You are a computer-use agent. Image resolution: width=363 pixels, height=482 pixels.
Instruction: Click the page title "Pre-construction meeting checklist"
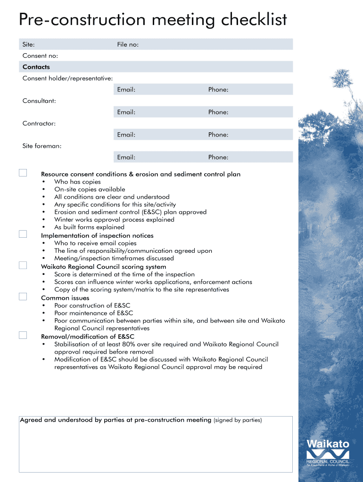(x=153, y=20)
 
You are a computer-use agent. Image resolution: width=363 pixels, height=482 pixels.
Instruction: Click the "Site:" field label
(x=28, y=44)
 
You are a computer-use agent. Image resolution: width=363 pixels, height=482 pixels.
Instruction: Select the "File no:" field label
(x=128, y=44)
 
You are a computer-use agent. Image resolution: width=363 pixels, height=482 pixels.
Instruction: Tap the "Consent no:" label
(x=40, y=56)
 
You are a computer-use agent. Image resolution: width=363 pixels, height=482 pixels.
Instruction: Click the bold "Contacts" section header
(x=36, y=67)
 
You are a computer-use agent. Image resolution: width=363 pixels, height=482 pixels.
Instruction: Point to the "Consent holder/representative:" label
(x=67, y=78)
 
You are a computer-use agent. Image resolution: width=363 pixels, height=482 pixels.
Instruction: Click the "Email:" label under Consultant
(x=126, y=112)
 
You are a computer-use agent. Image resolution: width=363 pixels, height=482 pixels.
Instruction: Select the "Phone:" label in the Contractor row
(x=218, y=135)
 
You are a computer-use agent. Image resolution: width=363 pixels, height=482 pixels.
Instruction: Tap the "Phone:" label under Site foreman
(x=218, y=157)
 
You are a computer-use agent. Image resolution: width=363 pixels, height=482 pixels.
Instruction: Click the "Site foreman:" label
(x=42, y=146)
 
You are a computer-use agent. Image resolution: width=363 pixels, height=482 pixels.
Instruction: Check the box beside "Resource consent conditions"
(x=23, y=173)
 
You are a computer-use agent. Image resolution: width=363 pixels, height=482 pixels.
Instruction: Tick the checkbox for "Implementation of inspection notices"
(x=23, y=234)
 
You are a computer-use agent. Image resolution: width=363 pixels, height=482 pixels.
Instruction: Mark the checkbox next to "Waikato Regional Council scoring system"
(x=23, y=265)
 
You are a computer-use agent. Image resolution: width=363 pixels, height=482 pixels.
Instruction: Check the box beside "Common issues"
(x=23, y=297)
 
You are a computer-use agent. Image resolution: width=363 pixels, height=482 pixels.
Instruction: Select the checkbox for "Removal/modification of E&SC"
(x=23, y=335)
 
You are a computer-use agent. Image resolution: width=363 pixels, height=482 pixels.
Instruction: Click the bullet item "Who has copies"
(x=77, y=182)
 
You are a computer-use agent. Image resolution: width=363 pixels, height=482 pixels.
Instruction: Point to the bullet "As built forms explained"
(x=89, y=227)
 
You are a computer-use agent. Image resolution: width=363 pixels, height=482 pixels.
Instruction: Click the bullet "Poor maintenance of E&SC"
(x=93, y=313)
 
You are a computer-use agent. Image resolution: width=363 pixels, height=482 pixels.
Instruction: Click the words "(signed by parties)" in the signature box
(x=238, y=420)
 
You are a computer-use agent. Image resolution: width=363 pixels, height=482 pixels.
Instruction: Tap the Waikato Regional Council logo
(x=328, y=452)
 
